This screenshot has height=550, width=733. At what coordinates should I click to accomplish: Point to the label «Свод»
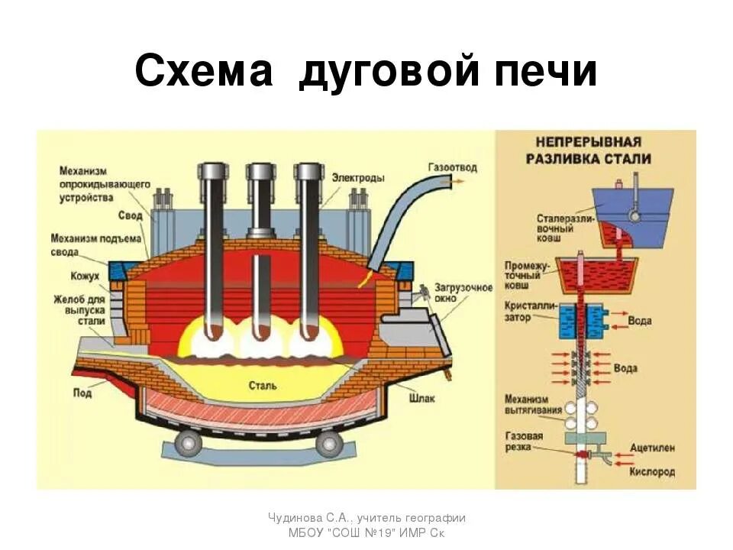pos(130,216)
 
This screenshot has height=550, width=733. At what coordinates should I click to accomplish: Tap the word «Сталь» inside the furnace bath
pos(262,385)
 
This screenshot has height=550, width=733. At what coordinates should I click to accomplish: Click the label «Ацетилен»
pos(651,445)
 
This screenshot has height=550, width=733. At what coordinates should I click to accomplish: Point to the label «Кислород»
pos(651,472)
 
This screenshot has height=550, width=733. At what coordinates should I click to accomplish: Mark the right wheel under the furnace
pos(329,441)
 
